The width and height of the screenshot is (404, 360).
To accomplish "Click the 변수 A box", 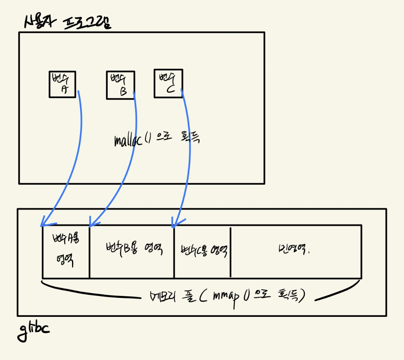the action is coord(63,84).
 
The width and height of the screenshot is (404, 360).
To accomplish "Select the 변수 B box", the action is coord(120,85).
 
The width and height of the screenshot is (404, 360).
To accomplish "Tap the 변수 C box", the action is coord(168,83).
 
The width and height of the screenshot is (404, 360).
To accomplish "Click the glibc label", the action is coord(33,330).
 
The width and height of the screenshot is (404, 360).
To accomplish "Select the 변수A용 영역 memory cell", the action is coord(66,251).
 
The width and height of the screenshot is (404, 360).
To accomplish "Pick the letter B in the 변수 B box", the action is coord(123,92).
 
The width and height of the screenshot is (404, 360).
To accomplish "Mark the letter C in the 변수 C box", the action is coord(171,89).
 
